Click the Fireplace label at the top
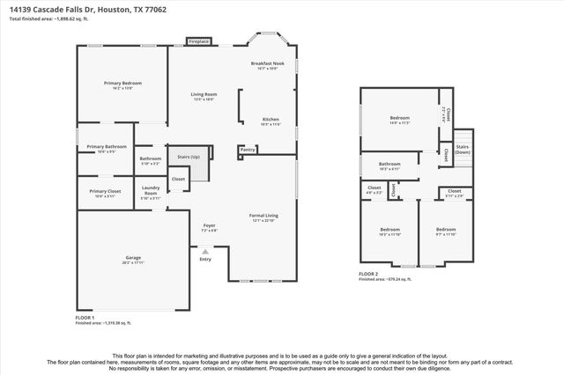[x=198, y=40]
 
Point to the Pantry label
[x=249, y=150]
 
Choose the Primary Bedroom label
[x=122, y=83]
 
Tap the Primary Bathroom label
[x=107, y=146]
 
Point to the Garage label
[x=132, y=258]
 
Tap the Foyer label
[x=210, y=225]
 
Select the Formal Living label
[x=264, y=215]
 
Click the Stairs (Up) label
[x=189, y=157]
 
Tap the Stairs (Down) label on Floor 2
[x=463, y=149]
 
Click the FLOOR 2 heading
[x=368, y=274]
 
